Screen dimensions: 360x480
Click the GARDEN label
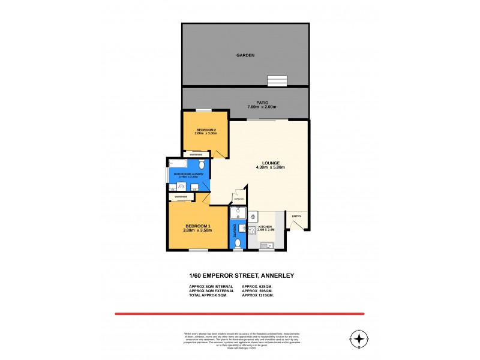click(245, 55)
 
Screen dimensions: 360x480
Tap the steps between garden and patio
click(277, 80)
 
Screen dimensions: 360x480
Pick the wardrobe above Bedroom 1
click(181, 197)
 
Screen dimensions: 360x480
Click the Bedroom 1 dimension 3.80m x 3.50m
click(197, 231)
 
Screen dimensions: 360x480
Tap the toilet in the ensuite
click(238, 243)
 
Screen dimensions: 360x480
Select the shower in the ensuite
click(238, 212)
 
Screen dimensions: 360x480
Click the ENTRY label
click(296, 216)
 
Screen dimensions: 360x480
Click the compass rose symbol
click(359, 340)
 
